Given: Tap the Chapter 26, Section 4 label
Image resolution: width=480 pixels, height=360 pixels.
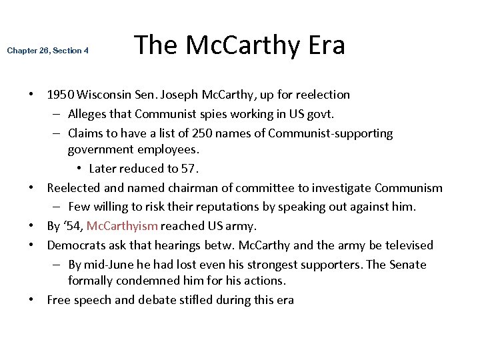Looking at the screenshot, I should [47, 51].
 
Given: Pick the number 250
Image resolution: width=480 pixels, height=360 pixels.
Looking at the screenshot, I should [179, 133].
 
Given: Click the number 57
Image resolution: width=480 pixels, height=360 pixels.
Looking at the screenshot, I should [191, 168].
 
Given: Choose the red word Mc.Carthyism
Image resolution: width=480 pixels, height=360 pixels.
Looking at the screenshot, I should [123, 226].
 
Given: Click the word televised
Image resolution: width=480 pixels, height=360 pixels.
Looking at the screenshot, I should [407, 245].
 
